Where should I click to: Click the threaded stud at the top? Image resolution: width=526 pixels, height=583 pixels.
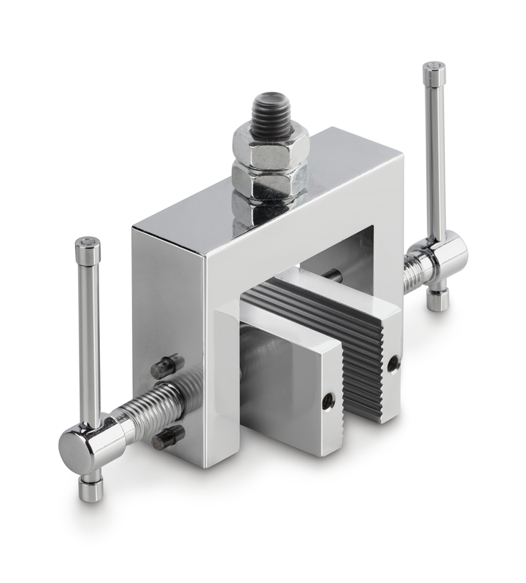pyautogui.click(x=271, y=109)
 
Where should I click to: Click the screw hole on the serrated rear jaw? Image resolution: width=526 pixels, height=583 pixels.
pyautogui.click(x=393, y=361)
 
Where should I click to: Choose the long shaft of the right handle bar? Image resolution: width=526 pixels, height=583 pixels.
pyautogui.click(x=436, y=153)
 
